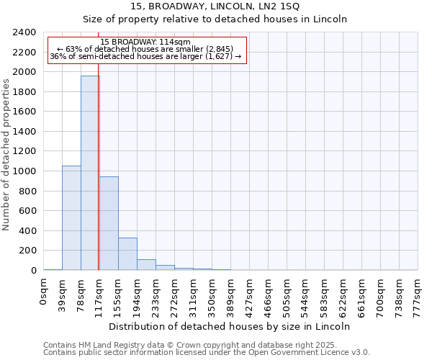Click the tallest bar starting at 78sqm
pos(90,173)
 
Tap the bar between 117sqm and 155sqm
pos(109,223)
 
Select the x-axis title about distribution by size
pos(230,326)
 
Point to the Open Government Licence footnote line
pos(207,353)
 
